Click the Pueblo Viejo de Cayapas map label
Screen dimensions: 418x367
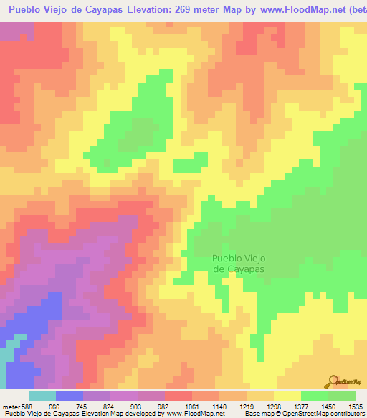[x=239, y=263]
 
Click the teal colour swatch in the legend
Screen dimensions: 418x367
[x=42, y=396]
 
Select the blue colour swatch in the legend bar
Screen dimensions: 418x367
[x=70, y=396]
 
